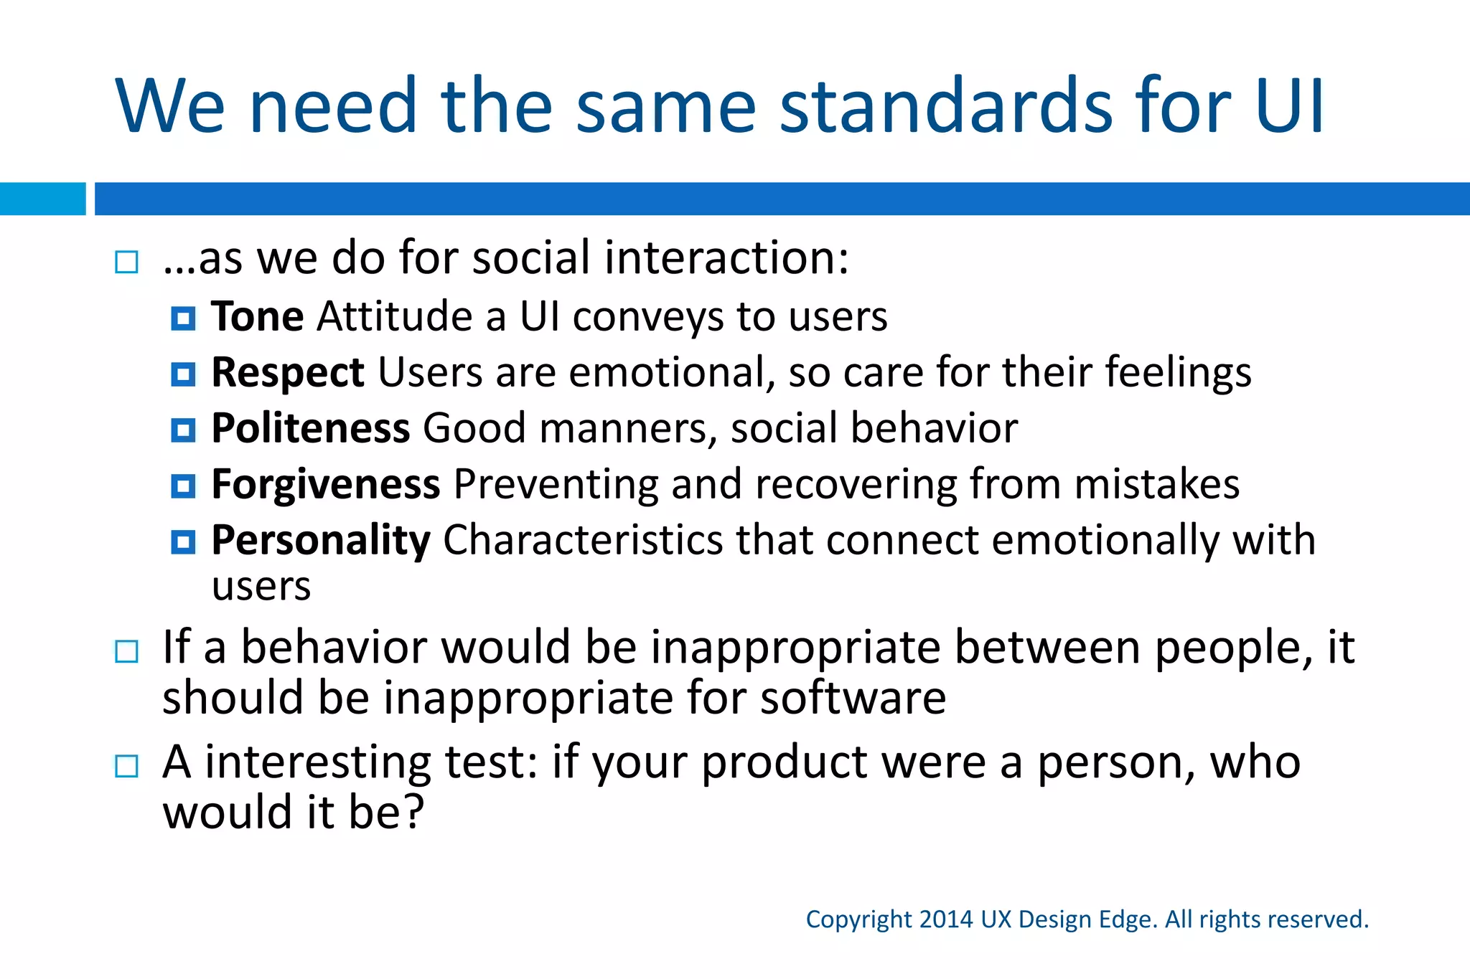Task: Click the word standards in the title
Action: click(x=946, y=106)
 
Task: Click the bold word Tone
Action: click(x=258, y=316)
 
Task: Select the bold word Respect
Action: click(x=288, y=373)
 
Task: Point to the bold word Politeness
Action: click(x=311, y=428)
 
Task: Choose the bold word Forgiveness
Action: click(x=326, y=484)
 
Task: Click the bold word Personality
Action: click(x=321, y=540)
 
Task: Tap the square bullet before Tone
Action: click(x=183, y=318)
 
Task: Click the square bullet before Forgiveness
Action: click(x=183, y=486)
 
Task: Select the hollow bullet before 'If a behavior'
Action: click(x=126, y=651)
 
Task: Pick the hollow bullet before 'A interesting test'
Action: click(x=126, y=766)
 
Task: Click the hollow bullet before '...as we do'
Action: click(x=126, y=263)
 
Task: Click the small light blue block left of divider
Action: click(x=42, y=199)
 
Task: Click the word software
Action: click(x=853, y=698)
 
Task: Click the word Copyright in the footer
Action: click(x=859, y=919)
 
